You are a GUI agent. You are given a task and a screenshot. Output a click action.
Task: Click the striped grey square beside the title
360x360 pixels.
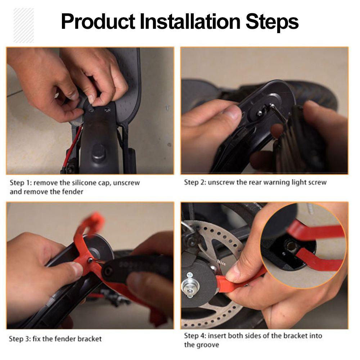point(24,25)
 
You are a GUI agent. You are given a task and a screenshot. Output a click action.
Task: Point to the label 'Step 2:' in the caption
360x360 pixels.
point(196,182)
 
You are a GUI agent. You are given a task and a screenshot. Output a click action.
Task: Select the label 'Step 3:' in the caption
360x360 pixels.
point(20,339)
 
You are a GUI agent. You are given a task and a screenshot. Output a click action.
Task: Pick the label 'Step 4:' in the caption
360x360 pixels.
point(196,336)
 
